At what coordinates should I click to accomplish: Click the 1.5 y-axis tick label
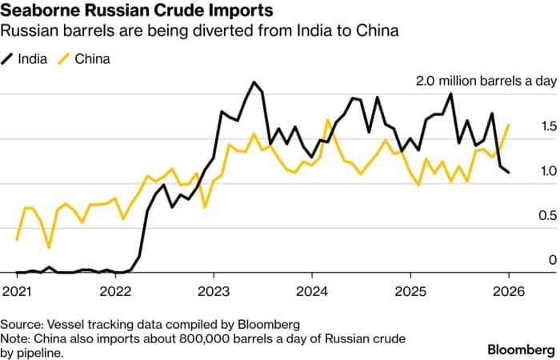click(x=526, y=126)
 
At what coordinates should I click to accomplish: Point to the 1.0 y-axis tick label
click(x=526, y=171)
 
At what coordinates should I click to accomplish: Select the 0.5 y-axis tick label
click(x=526, y=216)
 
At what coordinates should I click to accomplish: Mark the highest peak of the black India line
click(x=254, y=82)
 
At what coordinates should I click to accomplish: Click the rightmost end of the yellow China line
click(x=509, y=125)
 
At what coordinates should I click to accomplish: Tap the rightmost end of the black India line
click(x=509, y=172)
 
